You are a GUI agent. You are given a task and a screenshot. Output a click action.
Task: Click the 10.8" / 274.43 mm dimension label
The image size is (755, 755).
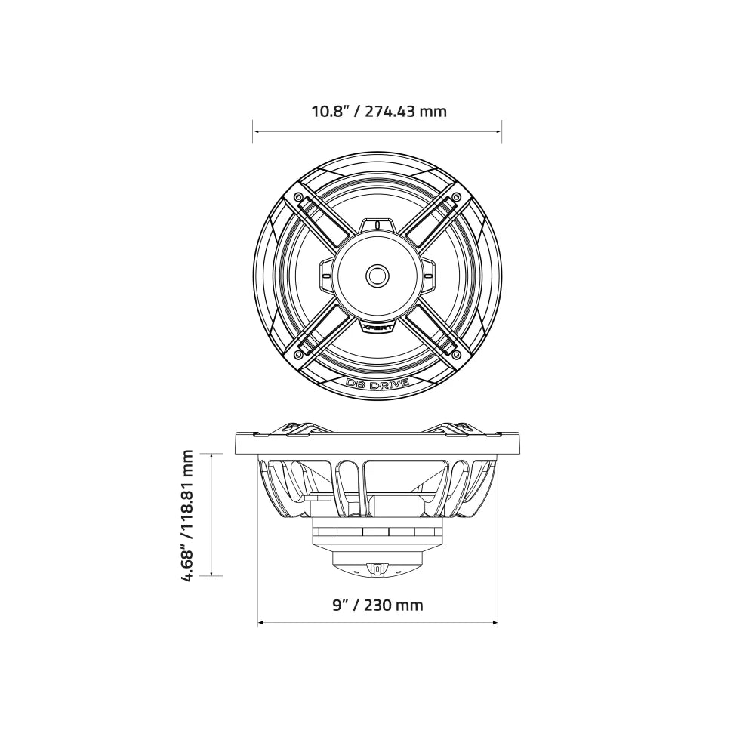pos(379,112)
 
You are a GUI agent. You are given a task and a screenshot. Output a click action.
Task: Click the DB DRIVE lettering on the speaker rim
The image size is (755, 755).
pos(377,384)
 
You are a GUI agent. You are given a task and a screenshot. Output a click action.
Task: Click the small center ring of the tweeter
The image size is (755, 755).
pos(377,276)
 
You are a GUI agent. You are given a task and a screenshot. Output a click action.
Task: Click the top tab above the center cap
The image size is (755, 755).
pos(377,226)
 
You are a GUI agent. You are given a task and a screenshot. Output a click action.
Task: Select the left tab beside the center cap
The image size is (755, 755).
pos(326,276)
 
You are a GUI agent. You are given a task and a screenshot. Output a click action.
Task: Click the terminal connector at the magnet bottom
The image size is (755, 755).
pos(377,569)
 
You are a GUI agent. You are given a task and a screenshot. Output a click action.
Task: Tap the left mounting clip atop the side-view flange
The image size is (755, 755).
pos(302,427)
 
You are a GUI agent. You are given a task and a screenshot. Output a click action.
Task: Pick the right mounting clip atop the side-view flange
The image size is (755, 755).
pos(453,427)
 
